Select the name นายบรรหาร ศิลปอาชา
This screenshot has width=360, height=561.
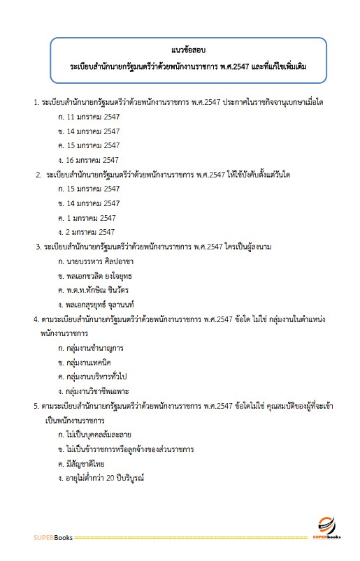point(100,261)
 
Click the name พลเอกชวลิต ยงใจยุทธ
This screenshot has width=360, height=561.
point(103,275)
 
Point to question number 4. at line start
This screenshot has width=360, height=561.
point(37,319)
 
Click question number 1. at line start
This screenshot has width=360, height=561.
point(37,103)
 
